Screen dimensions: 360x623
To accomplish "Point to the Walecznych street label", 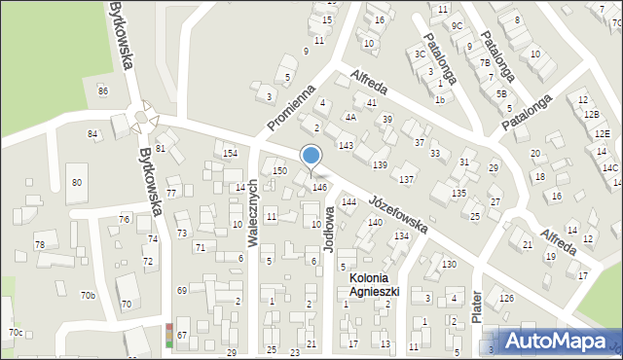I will [x=253, y=212].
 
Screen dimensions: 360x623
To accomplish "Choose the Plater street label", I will [x=476, y=305].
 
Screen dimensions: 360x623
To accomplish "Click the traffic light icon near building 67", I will [x=169, y=335].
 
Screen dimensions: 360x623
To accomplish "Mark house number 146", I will [x=318, y=187].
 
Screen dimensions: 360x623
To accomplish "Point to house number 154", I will [x=230, y=154].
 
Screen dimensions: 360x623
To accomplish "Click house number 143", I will [x=346, y=145].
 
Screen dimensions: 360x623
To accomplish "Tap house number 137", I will [x=407, y=180].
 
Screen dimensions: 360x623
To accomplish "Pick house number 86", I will [x=103, y=90].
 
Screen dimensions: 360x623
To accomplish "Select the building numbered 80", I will [x=77, y=182].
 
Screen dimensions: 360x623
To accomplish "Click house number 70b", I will [x=88, y=295].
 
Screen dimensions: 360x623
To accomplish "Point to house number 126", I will [x=506, y=298].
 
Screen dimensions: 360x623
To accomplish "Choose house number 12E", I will [x=603, y=133].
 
